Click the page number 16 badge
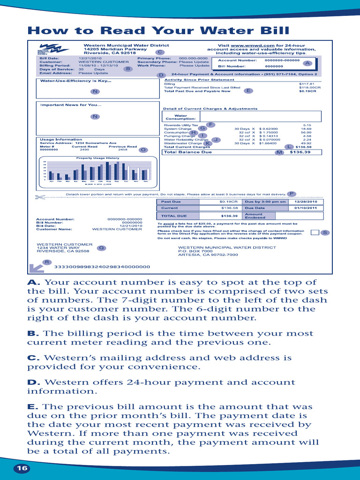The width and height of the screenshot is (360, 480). click(21, 468)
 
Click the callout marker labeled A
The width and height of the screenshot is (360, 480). click(307, 63)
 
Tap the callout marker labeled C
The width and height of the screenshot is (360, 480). click(159, 52)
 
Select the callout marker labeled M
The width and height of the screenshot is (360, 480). click(280, 152)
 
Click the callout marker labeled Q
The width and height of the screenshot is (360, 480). click(101, 247)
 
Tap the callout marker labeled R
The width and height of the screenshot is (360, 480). click(46, 262)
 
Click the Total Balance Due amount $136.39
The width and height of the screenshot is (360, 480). click(300, 152)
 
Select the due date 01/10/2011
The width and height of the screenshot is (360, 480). click(306, 208)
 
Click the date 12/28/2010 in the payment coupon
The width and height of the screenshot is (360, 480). click(306, 202)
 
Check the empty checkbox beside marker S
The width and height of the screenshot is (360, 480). click(315, 232)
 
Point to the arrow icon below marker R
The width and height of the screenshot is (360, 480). click(36, 268)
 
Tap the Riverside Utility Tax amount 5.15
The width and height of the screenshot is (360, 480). click(307, 125)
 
